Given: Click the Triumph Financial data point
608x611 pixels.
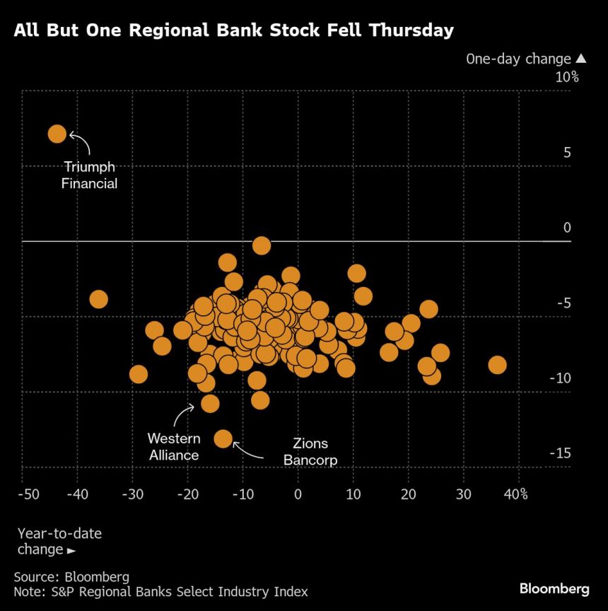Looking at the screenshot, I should point(57,134).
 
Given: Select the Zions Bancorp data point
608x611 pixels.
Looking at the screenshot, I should point(223,438).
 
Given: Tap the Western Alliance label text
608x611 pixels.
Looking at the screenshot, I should point(174,447).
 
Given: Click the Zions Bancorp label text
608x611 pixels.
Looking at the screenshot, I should point(310,452).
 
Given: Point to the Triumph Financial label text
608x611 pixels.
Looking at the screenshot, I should point(90,175).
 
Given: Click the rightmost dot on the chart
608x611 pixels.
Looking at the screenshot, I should point(497,365).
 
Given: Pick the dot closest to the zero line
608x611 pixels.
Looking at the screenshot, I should point(262,245).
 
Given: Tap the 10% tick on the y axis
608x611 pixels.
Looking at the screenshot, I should point(566,77).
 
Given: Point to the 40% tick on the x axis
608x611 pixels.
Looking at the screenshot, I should point(515,493).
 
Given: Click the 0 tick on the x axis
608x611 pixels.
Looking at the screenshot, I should point(298,493).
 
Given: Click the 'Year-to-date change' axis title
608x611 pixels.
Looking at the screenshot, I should point(59,541).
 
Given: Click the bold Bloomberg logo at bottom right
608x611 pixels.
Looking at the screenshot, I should point(554,588).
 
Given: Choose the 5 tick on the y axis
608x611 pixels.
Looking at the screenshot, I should point(567,152).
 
